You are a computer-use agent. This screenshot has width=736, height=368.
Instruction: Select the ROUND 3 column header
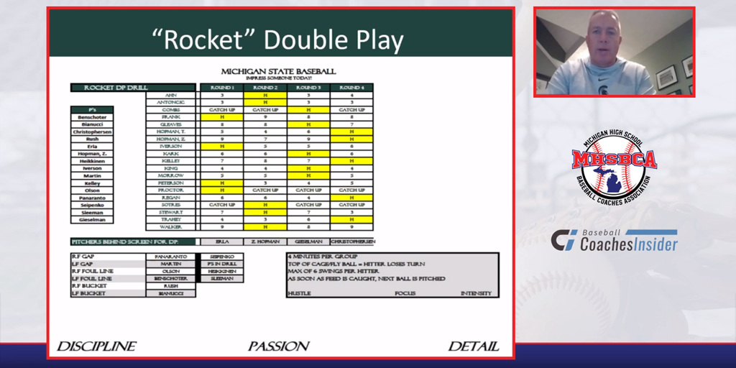point(308,88)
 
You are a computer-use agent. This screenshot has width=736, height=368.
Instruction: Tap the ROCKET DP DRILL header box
point(107,88)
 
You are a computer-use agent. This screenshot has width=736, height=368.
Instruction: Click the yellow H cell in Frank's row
point(222,116)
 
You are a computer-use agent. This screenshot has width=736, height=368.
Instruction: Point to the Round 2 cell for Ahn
point(265,95)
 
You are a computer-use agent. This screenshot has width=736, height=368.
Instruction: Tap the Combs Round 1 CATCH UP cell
point(222,109)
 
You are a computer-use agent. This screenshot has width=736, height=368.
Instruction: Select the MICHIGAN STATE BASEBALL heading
point(278,71)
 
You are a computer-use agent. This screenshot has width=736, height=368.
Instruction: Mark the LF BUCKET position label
point(88,293)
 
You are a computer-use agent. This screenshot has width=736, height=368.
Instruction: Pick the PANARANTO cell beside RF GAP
point(170,256)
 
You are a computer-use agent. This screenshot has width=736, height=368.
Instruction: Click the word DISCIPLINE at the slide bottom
point(96,346)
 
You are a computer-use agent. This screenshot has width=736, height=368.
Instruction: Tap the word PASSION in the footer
point(279,346)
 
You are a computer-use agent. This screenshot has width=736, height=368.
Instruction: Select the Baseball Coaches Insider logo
point(614,240)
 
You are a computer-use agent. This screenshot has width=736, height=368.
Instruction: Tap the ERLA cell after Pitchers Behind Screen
point(222,241)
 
